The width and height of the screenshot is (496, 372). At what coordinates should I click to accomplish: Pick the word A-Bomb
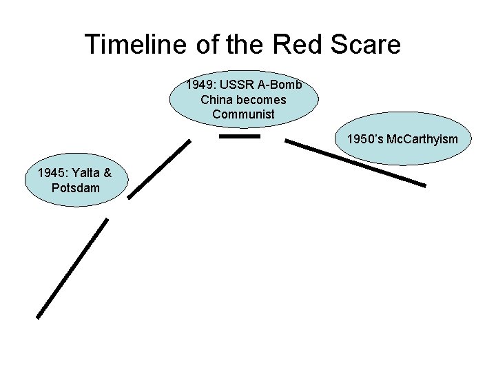pyautogui.click(x=280, y=86)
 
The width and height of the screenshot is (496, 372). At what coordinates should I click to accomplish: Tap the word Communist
pyautogui.click(x=243, y=114)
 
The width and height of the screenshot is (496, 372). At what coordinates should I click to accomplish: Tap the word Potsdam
pyautogui.click(x=75, y=187)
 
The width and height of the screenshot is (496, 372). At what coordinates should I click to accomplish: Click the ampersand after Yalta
pyautogui.click(x=107, y=174)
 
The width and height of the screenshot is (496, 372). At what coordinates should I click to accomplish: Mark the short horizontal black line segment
pyautogui.click(x=239, y=136)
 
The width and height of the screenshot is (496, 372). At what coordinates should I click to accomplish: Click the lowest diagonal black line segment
pyautogui.click(x=72, y=268)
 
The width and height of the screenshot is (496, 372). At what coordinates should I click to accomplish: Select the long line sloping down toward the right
pyautogui.click(x=355, y=163)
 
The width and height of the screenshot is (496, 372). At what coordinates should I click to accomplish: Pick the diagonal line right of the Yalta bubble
pyautogui.click(x=159, y=169)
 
